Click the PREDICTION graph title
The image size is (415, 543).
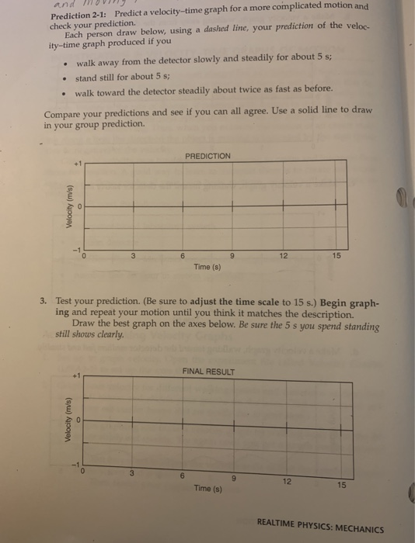coord(207,156)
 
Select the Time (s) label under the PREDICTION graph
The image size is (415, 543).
coord(207,268)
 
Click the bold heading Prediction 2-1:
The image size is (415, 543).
coord(81,16)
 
